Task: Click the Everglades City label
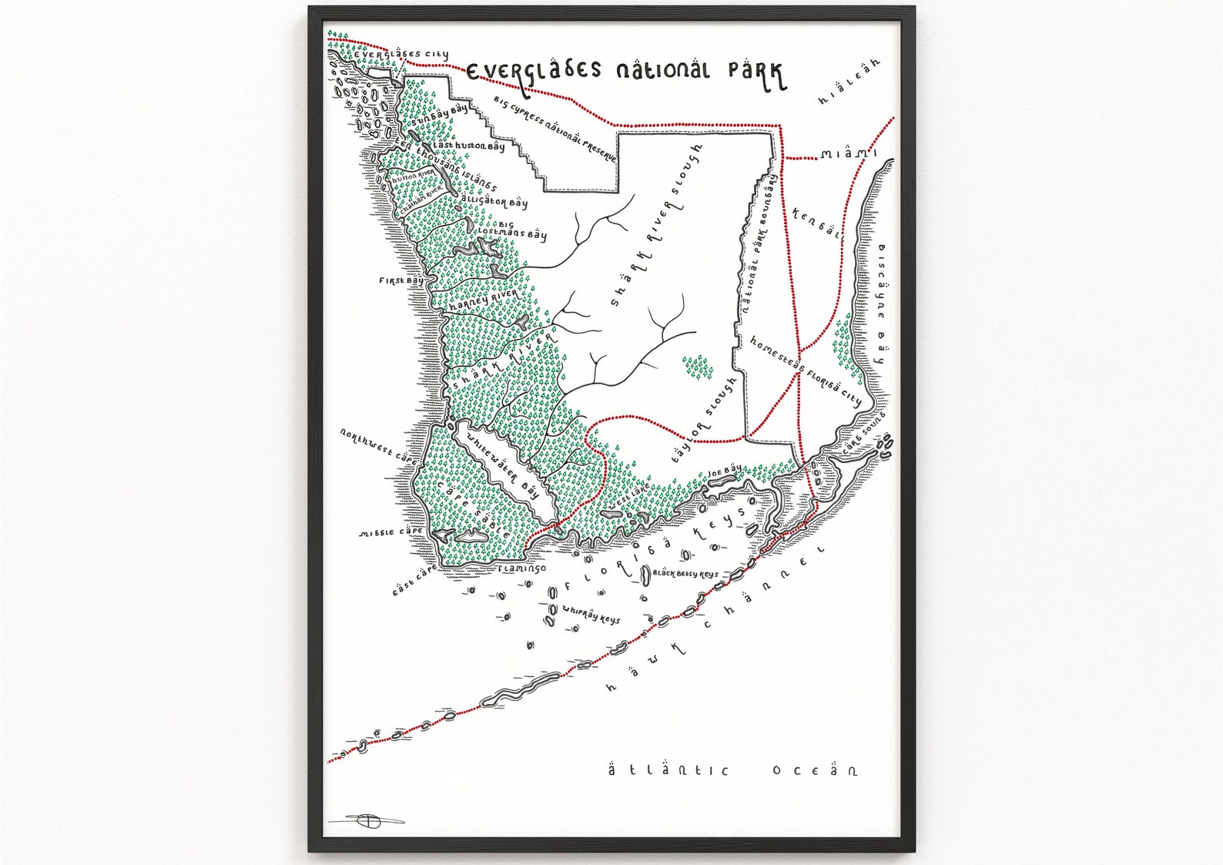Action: coord(401,55)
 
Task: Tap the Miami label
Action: coord(849,154)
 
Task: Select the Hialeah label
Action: coord(849,81)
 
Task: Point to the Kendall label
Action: coord(816,224)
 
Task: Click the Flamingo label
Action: coord(521,569)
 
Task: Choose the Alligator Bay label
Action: coord(494,201)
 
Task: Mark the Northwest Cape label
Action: coord(379,446)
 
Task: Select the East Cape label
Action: coord(414,580)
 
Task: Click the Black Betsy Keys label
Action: coord(685,574)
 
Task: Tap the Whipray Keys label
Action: coord(591,614)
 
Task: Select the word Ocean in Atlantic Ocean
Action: coord(815,770)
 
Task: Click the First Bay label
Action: coord(400,281)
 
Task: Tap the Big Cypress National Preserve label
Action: coord(555,129)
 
